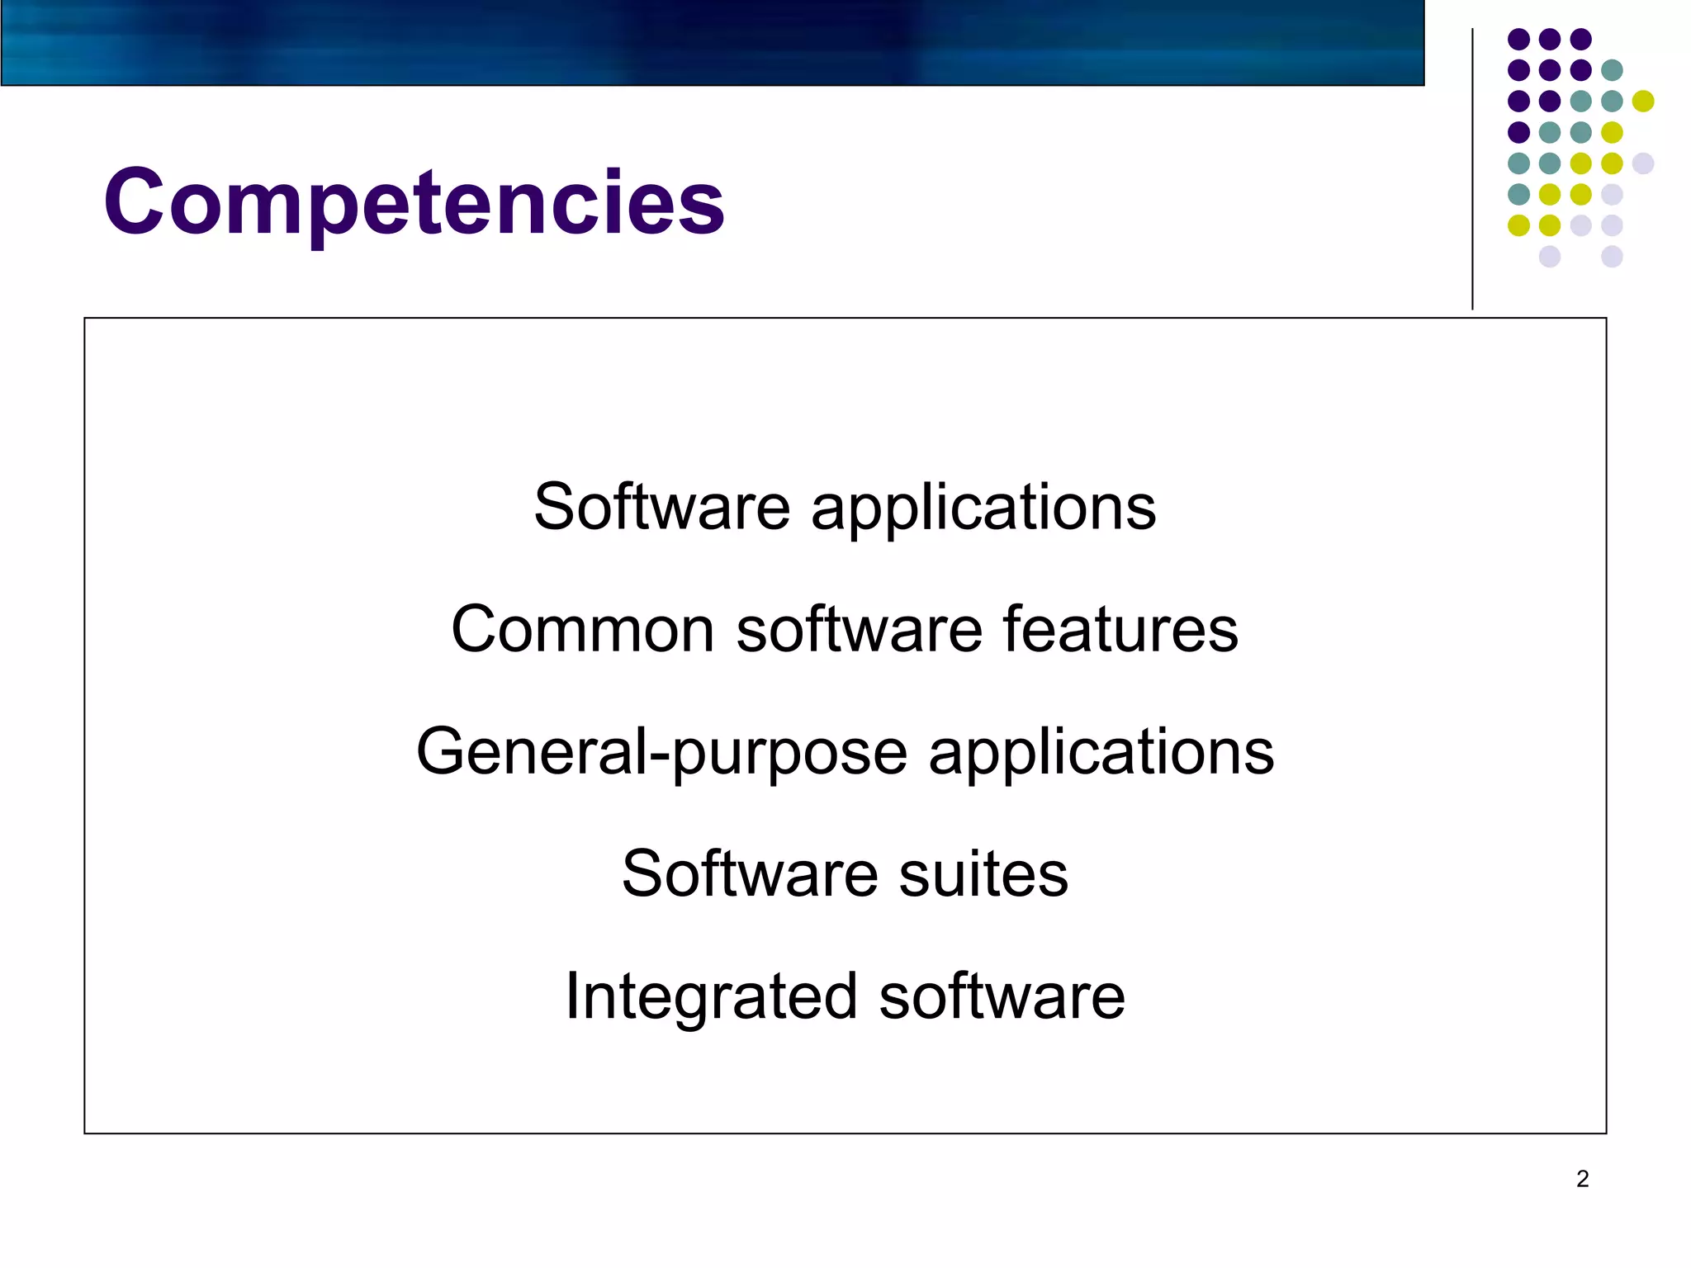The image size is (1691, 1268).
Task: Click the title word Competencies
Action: [x=414, y=202]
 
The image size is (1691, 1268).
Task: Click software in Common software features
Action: [x=860, y=629]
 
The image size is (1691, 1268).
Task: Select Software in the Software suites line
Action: [x=750, y=873]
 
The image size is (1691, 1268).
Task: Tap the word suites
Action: [x=983, y=873]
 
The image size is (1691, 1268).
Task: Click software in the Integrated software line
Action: [x=1002, y=996]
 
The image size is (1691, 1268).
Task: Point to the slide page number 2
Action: [x=1582, y=1179]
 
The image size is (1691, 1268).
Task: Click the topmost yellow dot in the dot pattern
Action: [x=1643, y=101]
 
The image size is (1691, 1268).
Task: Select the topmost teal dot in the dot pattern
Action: [x=1612, y=70]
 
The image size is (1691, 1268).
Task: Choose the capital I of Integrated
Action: [x=571, y=996]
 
